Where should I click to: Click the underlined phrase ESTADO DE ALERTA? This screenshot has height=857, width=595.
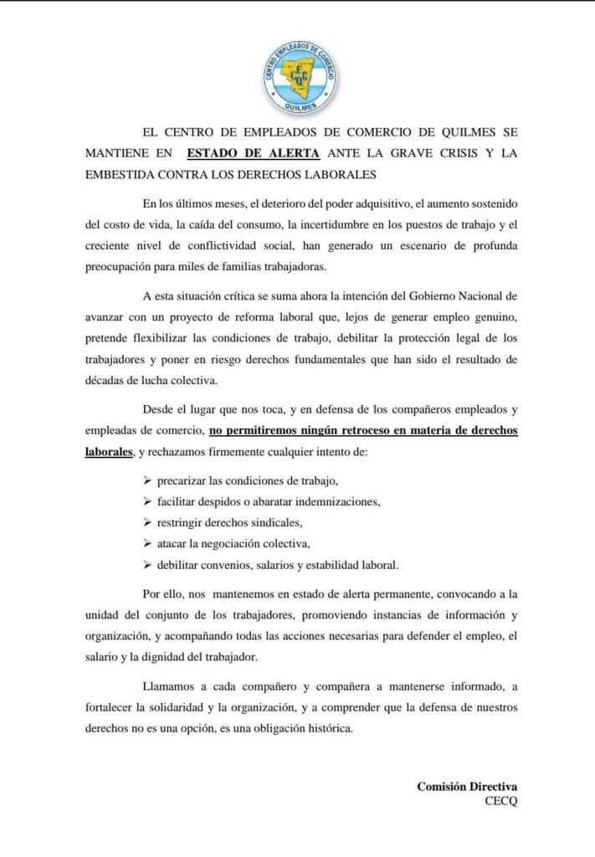pyautogui.click(x=253, y=153)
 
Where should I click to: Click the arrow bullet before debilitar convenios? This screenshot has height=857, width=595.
pyautogui.click(x=147, y=564)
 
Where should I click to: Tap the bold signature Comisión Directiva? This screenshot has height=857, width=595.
pyautogui.click(x=467, y=787)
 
